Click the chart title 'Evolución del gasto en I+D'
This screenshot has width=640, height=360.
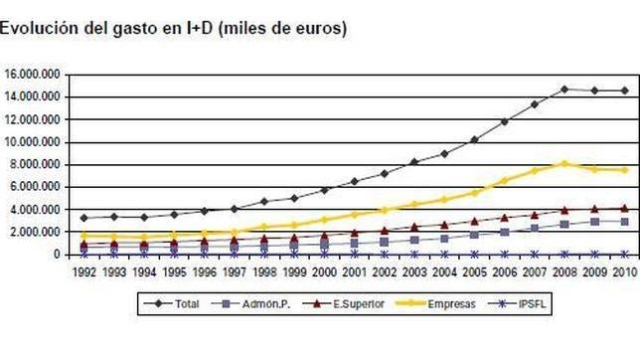(x=173, y=28)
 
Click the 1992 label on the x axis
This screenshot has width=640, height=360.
(x=84, y=270)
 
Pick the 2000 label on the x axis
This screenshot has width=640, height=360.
(x=324, y=270)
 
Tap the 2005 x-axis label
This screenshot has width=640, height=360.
(x=474, y=270)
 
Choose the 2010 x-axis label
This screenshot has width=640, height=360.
(x=624, y=270)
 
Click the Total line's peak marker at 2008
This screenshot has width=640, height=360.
(x=564, y=90)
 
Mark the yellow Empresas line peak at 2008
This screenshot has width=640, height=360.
(x=564, y=164)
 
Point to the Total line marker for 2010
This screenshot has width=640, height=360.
(x=624, y=90)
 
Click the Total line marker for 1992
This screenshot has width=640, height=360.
(x=84, y=218)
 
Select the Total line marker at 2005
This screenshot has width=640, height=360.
(x=474, y=139)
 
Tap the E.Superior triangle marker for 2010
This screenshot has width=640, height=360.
(x=624, y=208)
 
